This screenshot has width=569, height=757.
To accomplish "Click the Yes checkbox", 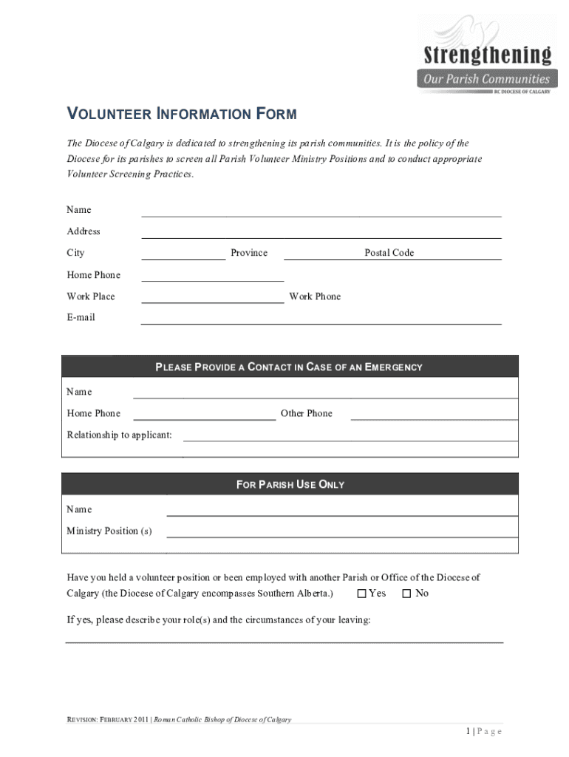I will click(362, 594).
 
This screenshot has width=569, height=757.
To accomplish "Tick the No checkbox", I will click(406, 594).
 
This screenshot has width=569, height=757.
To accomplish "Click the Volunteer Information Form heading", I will click(182, 114).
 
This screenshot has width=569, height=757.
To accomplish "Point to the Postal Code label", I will click(389, 253).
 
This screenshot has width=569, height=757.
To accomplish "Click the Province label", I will click(249, 253).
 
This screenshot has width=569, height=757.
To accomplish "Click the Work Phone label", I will click(315, 296).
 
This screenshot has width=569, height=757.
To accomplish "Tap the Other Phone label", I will click(307, 413).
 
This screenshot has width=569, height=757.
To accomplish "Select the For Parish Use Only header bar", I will click(290, 484).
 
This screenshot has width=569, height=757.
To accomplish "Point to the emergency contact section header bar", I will click(290, 367).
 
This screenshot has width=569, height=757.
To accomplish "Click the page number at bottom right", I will click(484, 731).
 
